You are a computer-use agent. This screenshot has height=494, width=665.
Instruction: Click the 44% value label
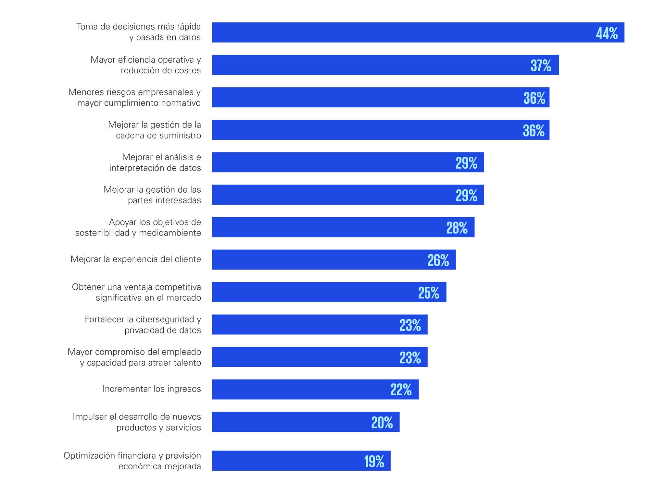coord(607,33)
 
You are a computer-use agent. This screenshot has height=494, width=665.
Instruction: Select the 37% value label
coord(541,66)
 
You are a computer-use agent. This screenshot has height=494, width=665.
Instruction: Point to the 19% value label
coord(374,461)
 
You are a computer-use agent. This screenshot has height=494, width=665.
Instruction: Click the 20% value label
coord(382,422)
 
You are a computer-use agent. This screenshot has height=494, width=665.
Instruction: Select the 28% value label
coord(457,228)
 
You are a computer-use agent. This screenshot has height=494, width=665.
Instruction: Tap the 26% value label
coord(438,260)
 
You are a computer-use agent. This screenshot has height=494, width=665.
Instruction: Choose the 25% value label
coord(429,293)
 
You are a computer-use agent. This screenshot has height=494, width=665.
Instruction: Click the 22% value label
coord(401,390)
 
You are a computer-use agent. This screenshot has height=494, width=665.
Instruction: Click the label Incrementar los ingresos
coord(152,389)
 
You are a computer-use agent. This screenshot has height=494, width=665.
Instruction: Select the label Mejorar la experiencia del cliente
coord(136,259)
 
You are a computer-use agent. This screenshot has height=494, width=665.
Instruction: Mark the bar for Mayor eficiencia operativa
coord(385,65)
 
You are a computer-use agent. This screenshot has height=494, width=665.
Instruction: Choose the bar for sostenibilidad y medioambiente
coord(343,227)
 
